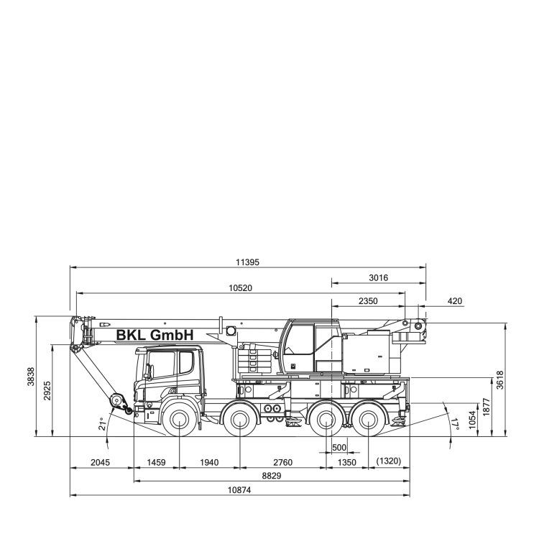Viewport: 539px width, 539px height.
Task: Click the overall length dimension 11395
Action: pyautogui.click(x=247, y=262)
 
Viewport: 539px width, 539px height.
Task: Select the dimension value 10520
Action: pyautogui.click(x=241, y=288)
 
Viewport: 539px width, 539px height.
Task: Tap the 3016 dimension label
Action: pyautogui.click(x=379, y=277)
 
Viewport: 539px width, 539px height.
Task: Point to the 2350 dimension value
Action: pyautogui.click(x=368, y=301)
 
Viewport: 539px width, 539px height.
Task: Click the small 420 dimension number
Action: pyautogui.click(x=455, y=301)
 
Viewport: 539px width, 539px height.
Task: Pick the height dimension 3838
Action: pyautogui.click(x=32, y=377)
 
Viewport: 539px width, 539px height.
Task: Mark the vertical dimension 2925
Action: pyautogui.click(x=47, y=391)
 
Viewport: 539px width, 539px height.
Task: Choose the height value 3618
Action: pyautogui.click(x=500, y=380)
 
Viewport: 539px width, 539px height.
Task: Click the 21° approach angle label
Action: pyautogui.click(x=102, y=424)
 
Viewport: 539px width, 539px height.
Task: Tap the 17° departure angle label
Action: pyautogui.click(x=456, y=424)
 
